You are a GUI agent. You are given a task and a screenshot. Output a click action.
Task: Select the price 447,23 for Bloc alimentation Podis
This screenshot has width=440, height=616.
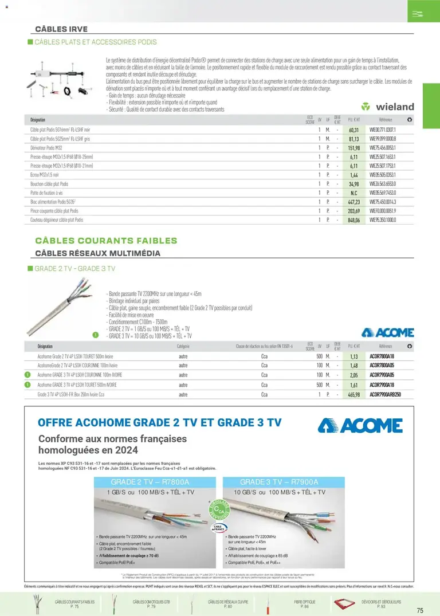coord(353,202)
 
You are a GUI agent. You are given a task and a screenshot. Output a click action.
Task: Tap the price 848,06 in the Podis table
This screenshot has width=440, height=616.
coord(353,219)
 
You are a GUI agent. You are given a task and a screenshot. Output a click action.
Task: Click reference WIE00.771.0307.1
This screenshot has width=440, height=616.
coord(383,130)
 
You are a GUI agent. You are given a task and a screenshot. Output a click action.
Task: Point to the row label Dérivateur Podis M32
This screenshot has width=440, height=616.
coord(49,148)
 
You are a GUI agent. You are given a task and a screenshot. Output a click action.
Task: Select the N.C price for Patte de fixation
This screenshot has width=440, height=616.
coord(353,193)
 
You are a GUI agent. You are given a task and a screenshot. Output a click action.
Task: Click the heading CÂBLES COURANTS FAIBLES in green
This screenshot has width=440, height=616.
coord(106,241)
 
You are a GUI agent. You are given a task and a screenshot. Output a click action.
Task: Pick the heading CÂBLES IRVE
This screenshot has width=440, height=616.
coord(61,29)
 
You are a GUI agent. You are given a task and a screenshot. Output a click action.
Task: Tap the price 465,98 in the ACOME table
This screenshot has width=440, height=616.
coord(353,395)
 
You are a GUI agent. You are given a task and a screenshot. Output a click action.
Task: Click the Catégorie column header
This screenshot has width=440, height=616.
coord(183,347)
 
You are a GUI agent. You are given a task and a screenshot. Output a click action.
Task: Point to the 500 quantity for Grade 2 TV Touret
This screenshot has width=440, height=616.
coord(319,356)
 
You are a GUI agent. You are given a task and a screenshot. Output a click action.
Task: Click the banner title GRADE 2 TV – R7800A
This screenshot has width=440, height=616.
coord(150,482)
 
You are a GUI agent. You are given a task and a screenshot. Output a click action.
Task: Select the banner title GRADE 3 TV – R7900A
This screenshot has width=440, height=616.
coord(279,482)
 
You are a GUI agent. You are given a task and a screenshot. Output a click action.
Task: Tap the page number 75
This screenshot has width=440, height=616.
coord(420,610)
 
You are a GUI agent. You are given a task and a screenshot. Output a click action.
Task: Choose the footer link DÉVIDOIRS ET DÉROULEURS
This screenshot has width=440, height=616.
coord(382,602)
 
